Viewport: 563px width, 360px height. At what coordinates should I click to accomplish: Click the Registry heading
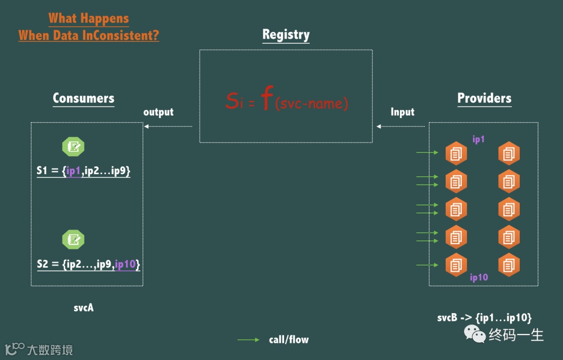286,34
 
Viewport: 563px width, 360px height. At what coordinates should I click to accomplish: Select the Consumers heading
83,98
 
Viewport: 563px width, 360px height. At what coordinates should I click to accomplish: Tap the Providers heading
484,98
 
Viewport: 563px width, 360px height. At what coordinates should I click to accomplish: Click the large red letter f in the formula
266,100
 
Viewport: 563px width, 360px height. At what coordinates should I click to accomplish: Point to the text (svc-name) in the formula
311,103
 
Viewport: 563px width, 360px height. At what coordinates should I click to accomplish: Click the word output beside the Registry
158,112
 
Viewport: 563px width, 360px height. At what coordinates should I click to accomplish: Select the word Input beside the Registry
402,112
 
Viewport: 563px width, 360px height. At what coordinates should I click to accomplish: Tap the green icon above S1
74,147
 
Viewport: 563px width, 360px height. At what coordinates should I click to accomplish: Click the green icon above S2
74,239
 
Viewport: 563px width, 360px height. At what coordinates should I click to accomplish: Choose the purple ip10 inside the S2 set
125,264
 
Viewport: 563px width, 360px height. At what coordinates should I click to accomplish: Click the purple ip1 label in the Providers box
479,139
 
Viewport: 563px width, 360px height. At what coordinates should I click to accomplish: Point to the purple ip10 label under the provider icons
479,277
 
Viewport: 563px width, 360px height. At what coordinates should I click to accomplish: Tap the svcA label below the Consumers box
83,307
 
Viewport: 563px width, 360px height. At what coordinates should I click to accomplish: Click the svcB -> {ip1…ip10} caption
484,318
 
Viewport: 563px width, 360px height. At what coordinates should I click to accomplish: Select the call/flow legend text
289,340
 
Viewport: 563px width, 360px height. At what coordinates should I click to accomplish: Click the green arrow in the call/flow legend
248,340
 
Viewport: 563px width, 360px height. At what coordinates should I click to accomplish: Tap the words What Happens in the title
89,19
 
